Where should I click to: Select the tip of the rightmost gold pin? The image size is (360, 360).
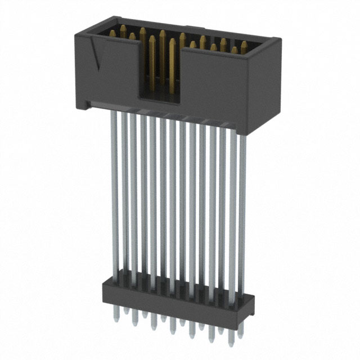tap(244, 43)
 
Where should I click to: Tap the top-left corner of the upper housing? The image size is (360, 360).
tap(77, 35)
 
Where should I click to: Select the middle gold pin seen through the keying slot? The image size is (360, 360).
tap(162, 56)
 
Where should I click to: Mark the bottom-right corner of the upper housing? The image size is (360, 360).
tap(247, 134)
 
